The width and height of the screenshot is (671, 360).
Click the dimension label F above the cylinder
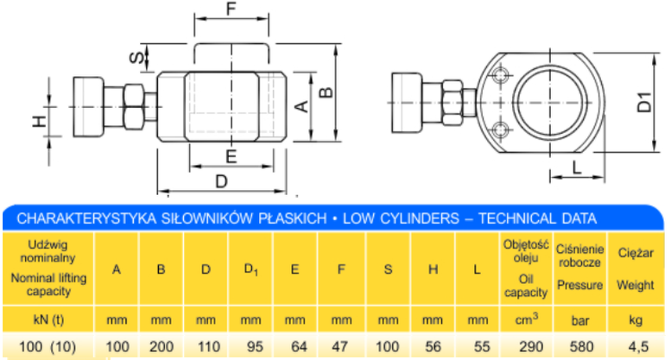point(231,9)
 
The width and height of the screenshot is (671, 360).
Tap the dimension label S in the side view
point(137,57)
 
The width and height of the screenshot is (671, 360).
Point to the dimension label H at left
point(40,122)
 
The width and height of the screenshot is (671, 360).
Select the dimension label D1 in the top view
point(644,102)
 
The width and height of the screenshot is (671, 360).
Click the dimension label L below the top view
point(577,167)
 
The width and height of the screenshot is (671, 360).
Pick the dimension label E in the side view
point(231,156)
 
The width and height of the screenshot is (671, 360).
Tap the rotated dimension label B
point(326,92)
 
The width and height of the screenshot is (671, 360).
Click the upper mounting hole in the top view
point(501,76)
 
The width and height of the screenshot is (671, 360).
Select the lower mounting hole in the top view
point(501,129)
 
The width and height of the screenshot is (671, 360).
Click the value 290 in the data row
point(530,346)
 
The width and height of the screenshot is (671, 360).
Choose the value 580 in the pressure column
point(581,346)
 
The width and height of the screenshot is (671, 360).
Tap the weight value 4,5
point(638,346)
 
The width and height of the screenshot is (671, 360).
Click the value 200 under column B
point(161,346)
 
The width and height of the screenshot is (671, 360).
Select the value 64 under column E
point(299,346)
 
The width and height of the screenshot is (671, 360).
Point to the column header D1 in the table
point(250,269)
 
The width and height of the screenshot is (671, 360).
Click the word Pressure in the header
point(579,285)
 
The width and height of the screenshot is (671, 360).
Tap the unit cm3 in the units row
point(526,319)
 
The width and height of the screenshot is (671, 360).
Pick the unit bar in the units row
point(579,320)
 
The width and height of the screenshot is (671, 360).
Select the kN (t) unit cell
point(48,319)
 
